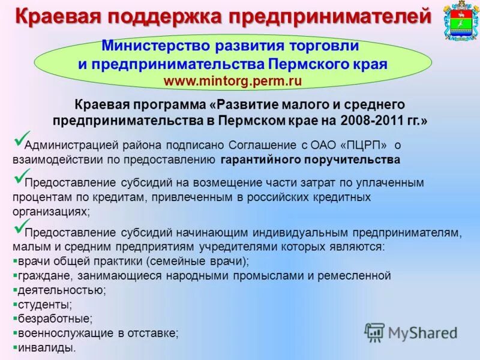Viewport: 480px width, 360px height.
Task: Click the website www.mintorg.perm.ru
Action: point(232,80)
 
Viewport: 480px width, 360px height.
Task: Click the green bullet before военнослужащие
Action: point(14,333)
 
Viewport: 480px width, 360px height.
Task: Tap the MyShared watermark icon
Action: point(375,332)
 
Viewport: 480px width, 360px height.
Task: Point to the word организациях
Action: point(50,212)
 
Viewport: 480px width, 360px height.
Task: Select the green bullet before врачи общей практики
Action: point(14,262)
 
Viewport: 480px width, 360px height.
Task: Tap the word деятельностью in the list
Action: point(58,290)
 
